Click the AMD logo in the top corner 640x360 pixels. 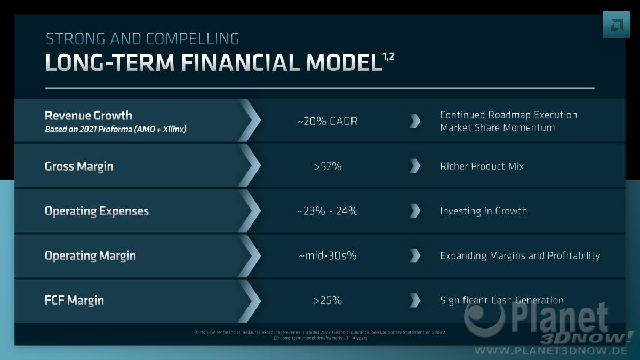tap(617, 25)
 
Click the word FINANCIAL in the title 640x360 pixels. tap(240, 62)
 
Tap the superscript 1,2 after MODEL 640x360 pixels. tap(388, 57)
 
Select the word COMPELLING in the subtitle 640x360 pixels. tap(193, 39)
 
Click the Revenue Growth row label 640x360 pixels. tap(89, 116)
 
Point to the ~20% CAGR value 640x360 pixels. tap(327, 121)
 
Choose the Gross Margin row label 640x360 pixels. tap(79, 166)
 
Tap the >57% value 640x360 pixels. tap(327, 166)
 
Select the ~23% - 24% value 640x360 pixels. tap(327, 211)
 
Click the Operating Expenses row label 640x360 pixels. tap(97, 211)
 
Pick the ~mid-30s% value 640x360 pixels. tap(327, 255)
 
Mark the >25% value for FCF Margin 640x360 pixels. tap(327, 300)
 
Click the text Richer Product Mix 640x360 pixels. tap(482, 166)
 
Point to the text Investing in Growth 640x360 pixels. tap(483, 211)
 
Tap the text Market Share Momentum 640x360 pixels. tap(498, 127)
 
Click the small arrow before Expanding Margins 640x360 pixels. tap(415, 255)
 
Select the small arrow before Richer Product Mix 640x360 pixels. tap(415, 166)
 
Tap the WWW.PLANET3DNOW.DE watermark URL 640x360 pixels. tap(551, 350)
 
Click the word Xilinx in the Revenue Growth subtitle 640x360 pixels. tap(174, 130)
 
